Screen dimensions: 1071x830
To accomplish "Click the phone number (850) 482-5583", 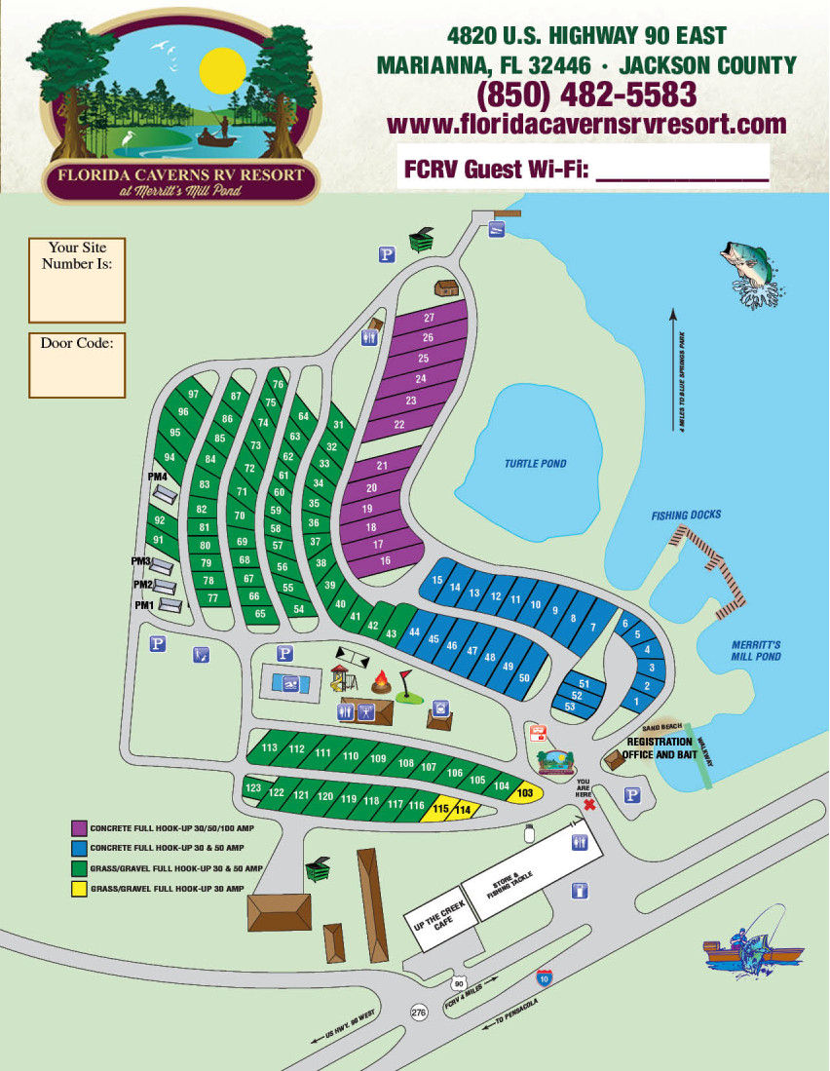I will point(585,96).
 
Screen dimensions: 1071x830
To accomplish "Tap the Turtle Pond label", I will point(535,464).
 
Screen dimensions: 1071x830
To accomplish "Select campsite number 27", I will point(428,319).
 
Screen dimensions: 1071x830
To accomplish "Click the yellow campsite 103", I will point(526,793).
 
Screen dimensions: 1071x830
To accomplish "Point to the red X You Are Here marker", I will point(587,806).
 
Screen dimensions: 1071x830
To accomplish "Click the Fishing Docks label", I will point(686,515).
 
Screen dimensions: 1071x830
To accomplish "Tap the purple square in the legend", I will point(77,826).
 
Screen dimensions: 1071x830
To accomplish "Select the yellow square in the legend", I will point(77,889).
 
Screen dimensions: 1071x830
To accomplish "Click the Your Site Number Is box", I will point(77,281).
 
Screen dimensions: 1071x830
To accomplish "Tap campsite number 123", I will point(253,787).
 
